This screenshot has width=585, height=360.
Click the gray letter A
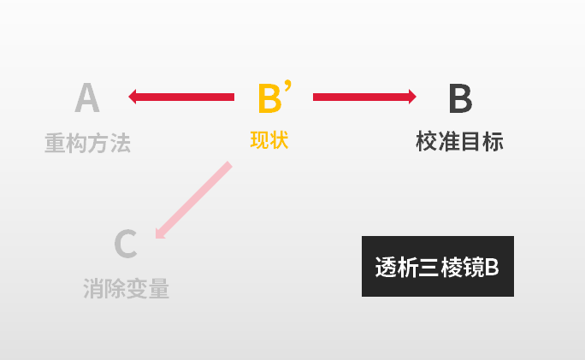coord(87,97)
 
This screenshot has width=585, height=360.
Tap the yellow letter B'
coord(275,97)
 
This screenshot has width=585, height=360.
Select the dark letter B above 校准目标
coord(460,98)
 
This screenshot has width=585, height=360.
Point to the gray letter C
coord(126,244)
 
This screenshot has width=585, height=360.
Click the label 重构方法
coord(88,143)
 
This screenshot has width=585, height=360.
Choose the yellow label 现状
coord(269,140)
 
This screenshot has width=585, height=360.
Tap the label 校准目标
coord(459,141)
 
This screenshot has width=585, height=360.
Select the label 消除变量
coord(126,288)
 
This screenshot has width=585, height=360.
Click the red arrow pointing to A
coord(181,97)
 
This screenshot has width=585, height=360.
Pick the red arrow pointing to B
coord(364,97)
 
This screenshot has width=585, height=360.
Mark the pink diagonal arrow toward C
coord(193,200)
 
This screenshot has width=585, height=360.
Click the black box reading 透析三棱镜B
coord(438,266)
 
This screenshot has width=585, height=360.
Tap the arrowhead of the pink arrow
coord(160,233)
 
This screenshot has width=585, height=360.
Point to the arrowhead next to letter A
coord(133,97)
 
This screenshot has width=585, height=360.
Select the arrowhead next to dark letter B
coord(412,97)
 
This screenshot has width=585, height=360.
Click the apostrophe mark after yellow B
coord(287,86)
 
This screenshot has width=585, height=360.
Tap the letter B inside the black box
coord(492,267)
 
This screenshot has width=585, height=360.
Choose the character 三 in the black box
coord(428,267)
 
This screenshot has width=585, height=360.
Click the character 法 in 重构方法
coord(121,143)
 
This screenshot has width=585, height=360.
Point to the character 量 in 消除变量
coord(159,288)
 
